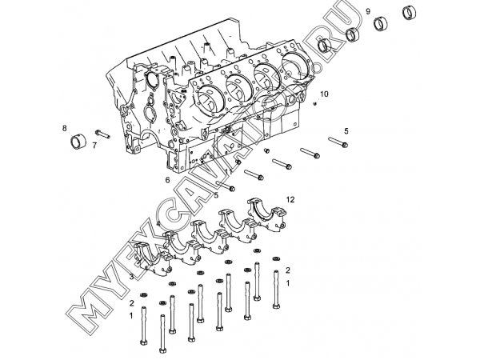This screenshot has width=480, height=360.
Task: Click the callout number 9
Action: (x=368, y=10)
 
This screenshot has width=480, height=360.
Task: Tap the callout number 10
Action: (x=324, y=94)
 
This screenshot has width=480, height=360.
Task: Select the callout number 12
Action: (x=290, y=198)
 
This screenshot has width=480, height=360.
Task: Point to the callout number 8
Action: (x=65, y=128)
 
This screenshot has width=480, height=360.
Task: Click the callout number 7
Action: (x=94, y=146)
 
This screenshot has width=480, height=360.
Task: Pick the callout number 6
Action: (x=167, y=179)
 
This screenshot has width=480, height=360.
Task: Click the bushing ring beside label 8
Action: (x=78, y=142)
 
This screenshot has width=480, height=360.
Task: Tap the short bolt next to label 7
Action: (x=102, y=133)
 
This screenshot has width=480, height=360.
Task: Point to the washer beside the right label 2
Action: (x=277, y=258)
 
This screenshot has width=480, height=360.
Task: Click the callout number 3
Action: (x=131, y=277)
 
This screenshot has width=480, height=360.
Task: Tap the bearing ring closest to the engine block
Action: (x=326, y=46)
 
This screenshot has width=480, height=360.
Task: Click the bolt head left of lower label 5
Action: (x=231, y=190)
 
